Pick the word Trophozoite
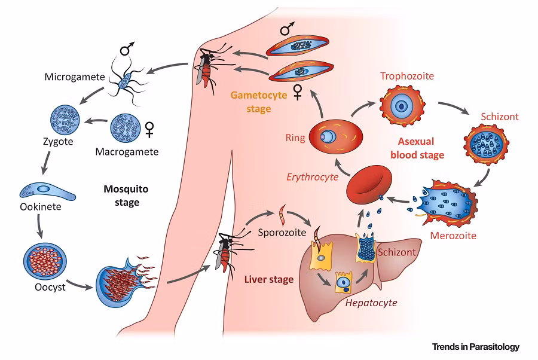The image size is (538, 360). [x=407, y=77]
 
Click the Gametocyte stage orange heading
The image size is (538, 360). [x=250, y=102]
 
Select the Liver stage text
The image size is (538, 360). [x=268, y=279]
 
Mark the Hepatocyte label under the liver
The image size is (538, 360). [x=371, y=303]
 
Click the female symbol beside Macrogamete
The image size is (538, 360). [x=149, y=128]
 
